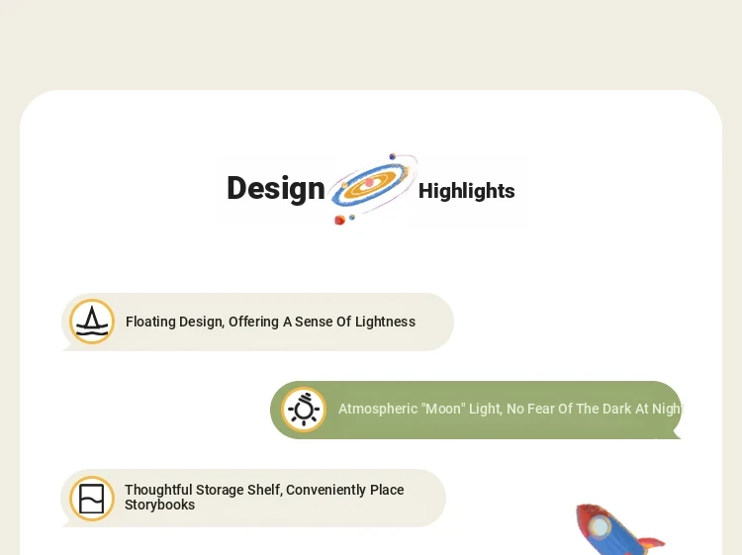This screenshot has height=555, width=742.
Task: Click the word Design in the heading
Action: [x=276, y=189]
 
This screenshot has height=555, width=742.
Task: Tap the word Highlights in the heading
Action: [x=467, y=191]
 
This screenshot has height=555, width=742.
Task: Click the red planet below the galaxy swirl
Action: [x=339, y=220]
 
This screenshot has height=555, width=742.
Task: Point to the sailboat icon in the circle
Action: [x=92, y=322]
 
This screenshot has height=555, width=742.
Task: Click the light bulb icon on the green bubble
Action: [x=304, y=410]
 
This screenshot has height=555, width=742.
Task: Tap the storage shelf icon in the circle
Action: [x=91, y=499]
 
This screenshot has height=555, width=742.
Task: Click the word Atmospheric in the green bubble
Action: [x=378, y=409]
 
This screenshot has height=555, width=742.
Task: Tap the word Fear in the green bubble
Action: [x=540, y=409]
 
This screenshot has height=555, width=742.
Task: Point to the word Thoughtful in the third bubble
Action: [x=158, y=490]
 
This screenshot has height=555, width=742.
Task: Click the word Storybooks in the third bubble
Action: [x=159, y=505]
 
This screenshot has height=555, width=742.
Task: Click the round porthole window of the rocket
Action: [x=601, y=526]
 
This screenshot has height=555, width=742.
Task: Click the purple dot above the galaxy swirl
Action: [x=393, y=156]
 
